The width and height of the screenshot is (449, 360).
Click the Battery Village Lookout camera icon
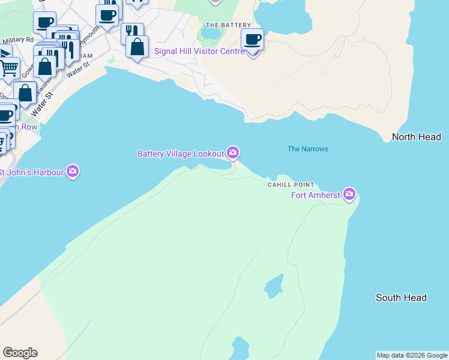click(232, 154)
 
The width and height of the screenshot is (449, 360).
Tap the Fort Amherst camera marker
click(349, 194)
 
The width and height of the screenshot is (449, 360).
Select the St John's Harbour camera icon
click(73, 172)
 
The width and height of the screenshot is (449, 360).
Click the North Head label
click(417, 137)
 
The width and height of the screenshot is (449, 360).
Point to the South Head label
click(401, 298)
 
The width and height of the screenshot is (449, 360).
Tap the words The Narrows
click(307, 149)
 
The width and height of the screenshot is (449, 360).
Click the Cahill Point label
click(291, 185)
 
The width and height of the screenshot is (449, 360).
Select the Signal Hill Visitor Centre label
click(199, 52)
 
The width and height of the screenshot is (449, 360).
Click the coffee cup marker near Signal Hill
click(252, 39)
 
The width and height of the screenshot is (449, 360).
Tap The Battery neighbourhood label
click(228, 25)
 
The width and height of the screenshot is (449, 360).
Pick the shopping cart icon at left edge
click(8, 68)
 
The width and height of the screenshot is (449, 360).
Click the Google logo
click(20, 353)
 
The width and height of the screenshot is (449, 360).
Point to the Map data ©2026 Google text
click(412, 355)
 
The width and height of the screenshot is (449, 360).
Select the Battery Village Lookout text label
click(181, 154)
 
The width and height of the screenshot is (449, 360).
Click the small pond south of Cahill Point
click(274, 285)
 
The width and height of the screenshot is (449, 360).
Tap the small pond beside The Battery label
click(212, 34)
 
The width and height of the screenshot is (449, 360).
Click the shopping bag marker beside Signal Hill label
click(137, 47)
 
